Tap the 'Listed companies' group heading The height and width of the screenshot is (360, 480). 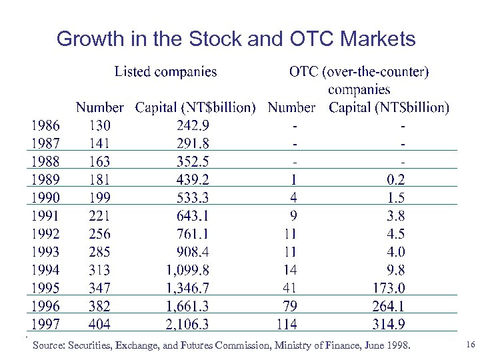165,71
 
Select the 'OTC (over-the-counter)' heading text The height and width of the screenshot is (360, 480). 359,71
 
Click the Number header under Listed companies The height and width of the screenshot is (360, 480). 99,107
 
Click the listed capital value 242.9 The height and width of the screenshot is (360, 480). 193,125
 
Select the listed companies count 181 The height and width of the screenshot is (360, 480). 99,179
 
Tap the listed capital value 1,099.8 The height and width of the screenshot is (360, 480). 187,270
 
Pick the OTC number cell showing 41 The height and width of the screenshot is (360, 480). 289,288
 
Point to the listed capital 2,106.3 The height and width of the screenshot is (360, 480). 187,325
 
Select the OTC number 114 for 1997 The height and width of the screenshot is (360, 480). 287,325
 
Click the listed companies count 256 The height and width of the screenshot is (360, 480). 99,234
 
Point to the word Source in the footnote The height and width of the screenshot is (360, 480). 47,346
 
